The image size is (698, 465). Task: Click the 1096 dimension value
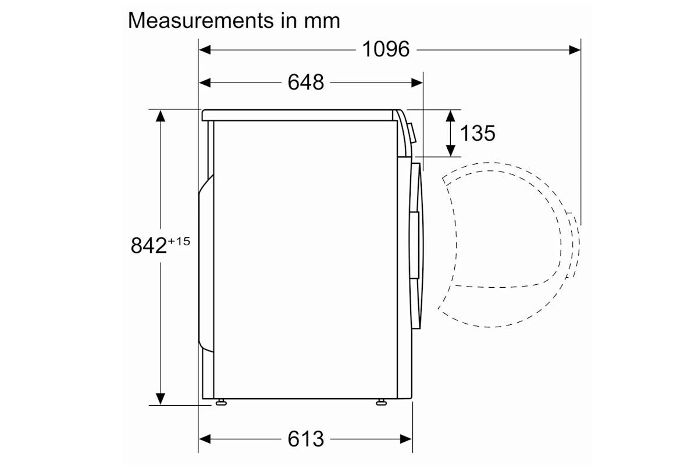[386, 49]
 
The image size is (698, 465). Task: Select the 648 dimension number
[306, 83]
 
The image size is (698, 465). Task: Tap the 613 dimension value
[306, 439]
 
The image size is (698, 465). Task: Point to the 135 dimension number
[478, 133]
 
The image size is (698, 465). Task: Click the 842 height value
[149, 245]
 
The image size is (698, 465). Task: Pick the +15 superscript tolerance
[179, 241]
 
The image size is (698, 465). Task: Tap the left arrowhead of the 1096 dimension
[205, 50]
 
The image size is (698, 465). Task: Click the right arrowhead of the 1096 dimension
[575, 50]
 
